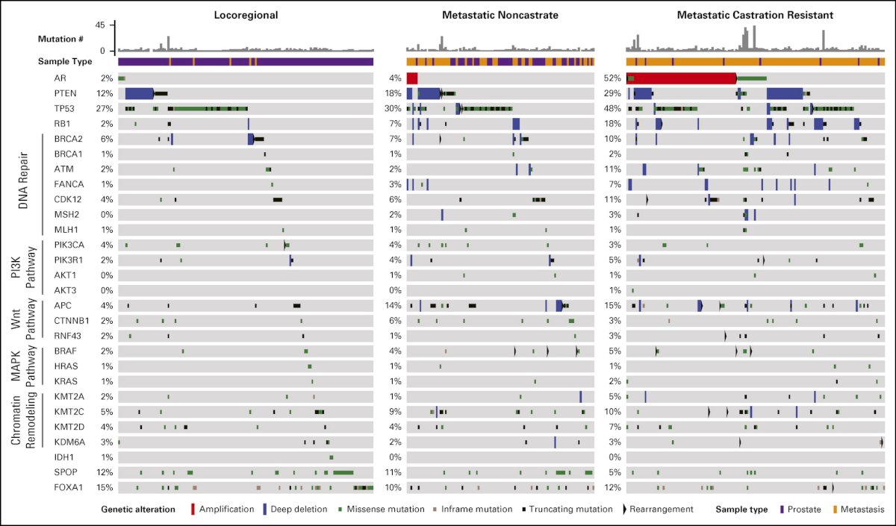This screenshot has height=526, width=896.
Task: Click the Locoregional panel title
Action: (246, 15)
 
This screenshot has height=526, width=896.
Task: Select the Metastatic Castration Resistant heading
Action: (755, 15)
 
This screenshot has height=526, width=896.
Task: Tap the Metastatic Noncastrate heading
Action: (500, 15)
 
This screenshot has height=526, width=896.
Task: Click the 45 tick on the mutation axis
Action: (100, 25)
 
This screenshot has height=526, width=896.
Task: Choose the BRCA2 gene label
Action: (69, 139)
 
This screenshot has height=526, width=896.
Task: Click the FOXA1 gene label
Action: (69, 488)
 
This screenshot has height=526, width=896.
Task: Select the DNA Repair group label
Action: (24, 181)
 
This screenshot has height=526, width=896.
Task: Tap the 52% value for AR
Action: (612, 78)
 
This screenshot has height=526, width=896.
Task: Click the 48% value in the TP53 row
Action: (612, 109)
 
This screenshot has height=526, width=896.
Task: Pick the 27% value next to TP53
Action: (105, 109)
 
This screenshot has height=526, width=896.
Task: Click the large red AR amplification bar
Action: (682, 78)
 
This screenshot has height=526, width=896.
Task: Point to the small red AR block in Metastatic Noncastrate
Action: (412, 78)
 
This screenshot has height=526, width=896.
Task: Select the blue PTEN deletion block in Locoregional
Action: (139, 93)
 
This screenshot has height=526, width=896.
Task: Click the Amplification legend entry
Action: (223, 509)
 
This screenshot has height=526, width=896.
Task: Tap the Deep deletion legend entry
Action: (295, 509)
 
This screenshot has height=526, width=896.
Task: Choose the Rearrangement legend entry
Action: (658, 509)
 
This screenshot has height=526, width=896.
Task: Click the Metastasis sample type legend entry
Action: (859, 509)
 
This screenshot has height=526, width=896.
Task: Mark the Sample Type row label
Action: (65, 61)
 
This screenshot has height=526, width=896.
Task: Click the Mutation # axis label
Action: (60, 39)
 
